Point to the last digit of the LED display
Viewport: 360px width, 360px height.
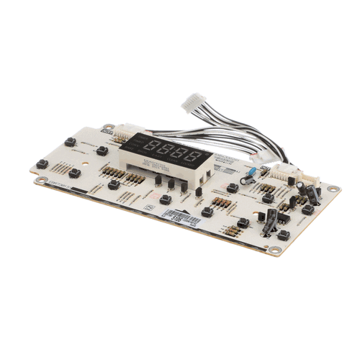pyautogui.click(x=190, y=156)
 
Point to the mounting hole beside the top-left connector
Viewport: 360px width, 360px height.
pyautogui.click(x=107, y=127)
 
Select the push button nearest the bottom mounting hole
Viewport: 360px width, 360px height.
pyautogui.click(x=283, y=235)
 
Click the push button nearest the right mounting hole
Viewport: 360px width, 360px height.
pyautogui.click(x=307, y=210)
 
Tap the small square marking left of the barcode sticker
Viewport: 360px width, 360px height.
pyautogui.click(x=150, y=206)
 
